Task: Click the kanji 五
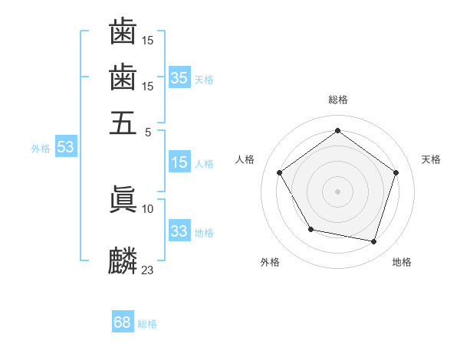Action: (x=123, y=122)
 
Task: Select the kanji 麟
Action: (x=123, y=261)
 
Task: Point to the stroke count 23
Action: (x=148, y=270)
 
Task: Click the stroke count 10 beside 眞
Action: (x=148, y=208)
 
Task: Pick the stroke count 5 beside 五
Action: (x=148, y=132)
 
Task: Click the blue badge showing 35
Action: (x=179, y=77)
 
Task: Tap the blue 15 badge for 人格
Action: (x=179, y=162)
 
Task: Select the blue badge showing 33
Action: (x=179, y=231)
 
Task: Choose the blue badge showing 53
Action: (x=65, y=147)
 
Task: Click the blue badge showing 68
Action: (x=123, y=323)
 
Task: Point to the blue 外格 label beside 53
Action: (x=41, y=149)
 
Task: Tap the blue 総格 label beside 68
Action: (x=147, y=324)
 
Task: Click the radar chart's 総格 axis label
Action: (x=337, y=100)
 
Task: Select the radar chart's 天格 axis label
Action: (x=431, y=159)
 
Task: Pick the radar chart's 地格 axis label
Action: (x=402, y=262)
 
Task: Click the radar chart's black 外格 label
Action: (x=270, y=262)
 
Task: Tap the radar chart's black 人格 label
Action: (x=245, y=159)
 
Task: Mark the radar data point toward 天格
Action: (x=396, y=172)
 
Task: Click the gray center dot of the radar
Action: (x=337, y=191)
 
